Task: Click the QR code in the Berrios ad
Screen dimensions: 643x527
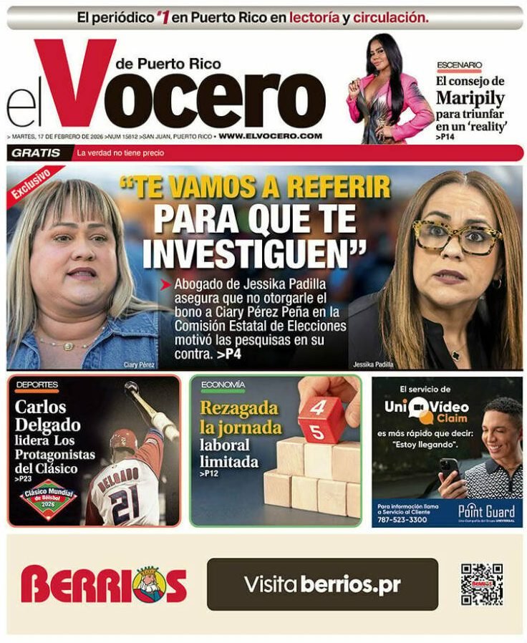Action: [481, 584]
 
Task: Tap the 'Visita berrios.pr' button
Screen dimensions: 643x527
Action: [322, 584]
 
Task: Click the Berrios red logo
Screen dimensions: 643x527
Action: [103, 584]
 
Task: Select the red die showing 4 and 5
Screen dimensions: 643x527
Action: [321, 420]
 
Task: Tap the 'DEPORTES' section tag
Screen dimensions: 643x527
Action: [37, 385]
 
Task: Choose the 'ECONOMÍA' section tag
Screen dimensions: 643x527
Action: [223, 385]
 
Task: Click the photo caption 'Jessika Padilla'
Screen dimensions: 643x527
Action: [374, 364]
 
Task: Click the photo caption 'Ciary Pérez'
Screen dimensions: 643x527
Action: [140, 364]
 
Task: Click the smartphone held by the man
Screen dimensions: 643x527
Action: [449, 469]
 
